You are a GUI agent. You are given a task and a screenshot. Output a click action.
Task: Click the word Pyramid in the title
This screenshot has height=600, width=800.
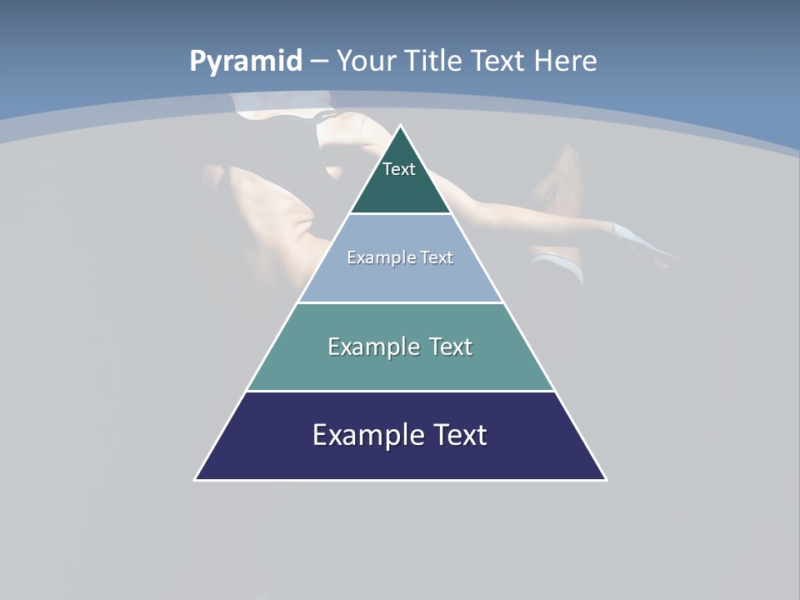pyautogui.click(x=245, y=62)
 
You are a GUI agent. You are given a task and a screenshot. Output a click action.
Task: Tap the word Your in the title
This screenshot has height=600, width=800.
pyautogui.click(x=366, y=62)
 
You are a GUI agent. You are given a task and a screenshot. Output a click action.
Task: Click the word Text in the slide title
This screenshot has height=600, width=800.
pyautogui.click(x=498, y=62)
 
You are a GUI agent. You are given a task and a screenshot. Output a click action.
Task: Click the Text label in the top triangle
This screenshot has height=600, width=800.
pyautogui.click(x=399, y=169)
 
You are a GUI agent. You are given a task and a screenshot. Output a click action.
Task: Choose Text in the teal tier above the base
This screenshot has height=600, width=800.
pyautogui.click(x=451, y=347)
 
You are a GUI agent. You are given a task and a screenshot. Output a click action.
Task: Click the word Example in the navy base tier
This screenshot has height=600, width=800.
pyautogui.click(x=361, y=435)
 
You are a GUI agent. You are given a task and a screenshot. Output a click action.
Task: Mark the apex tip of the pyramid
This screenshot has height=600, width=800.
pyautogui.click(x=401, y=127)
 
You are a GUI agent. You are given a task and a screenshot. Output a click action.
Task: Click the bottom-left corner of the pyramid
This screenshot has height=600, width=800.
pyautogui.click(x=196, y=479)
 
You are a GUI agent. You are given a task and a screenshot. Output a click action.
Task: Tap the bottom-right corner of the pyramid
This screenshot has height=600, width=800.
pyautogui.click(x=606, y=479)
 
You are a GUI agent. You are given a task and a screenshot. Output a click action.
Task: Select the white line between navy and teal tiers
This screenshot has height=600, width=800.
pyautogui.click(x=400, y=391)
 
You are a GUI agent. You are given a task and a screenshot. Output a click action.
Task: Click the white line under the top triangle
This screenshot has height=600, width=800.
pyautogui.click(x=400, y=214)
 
